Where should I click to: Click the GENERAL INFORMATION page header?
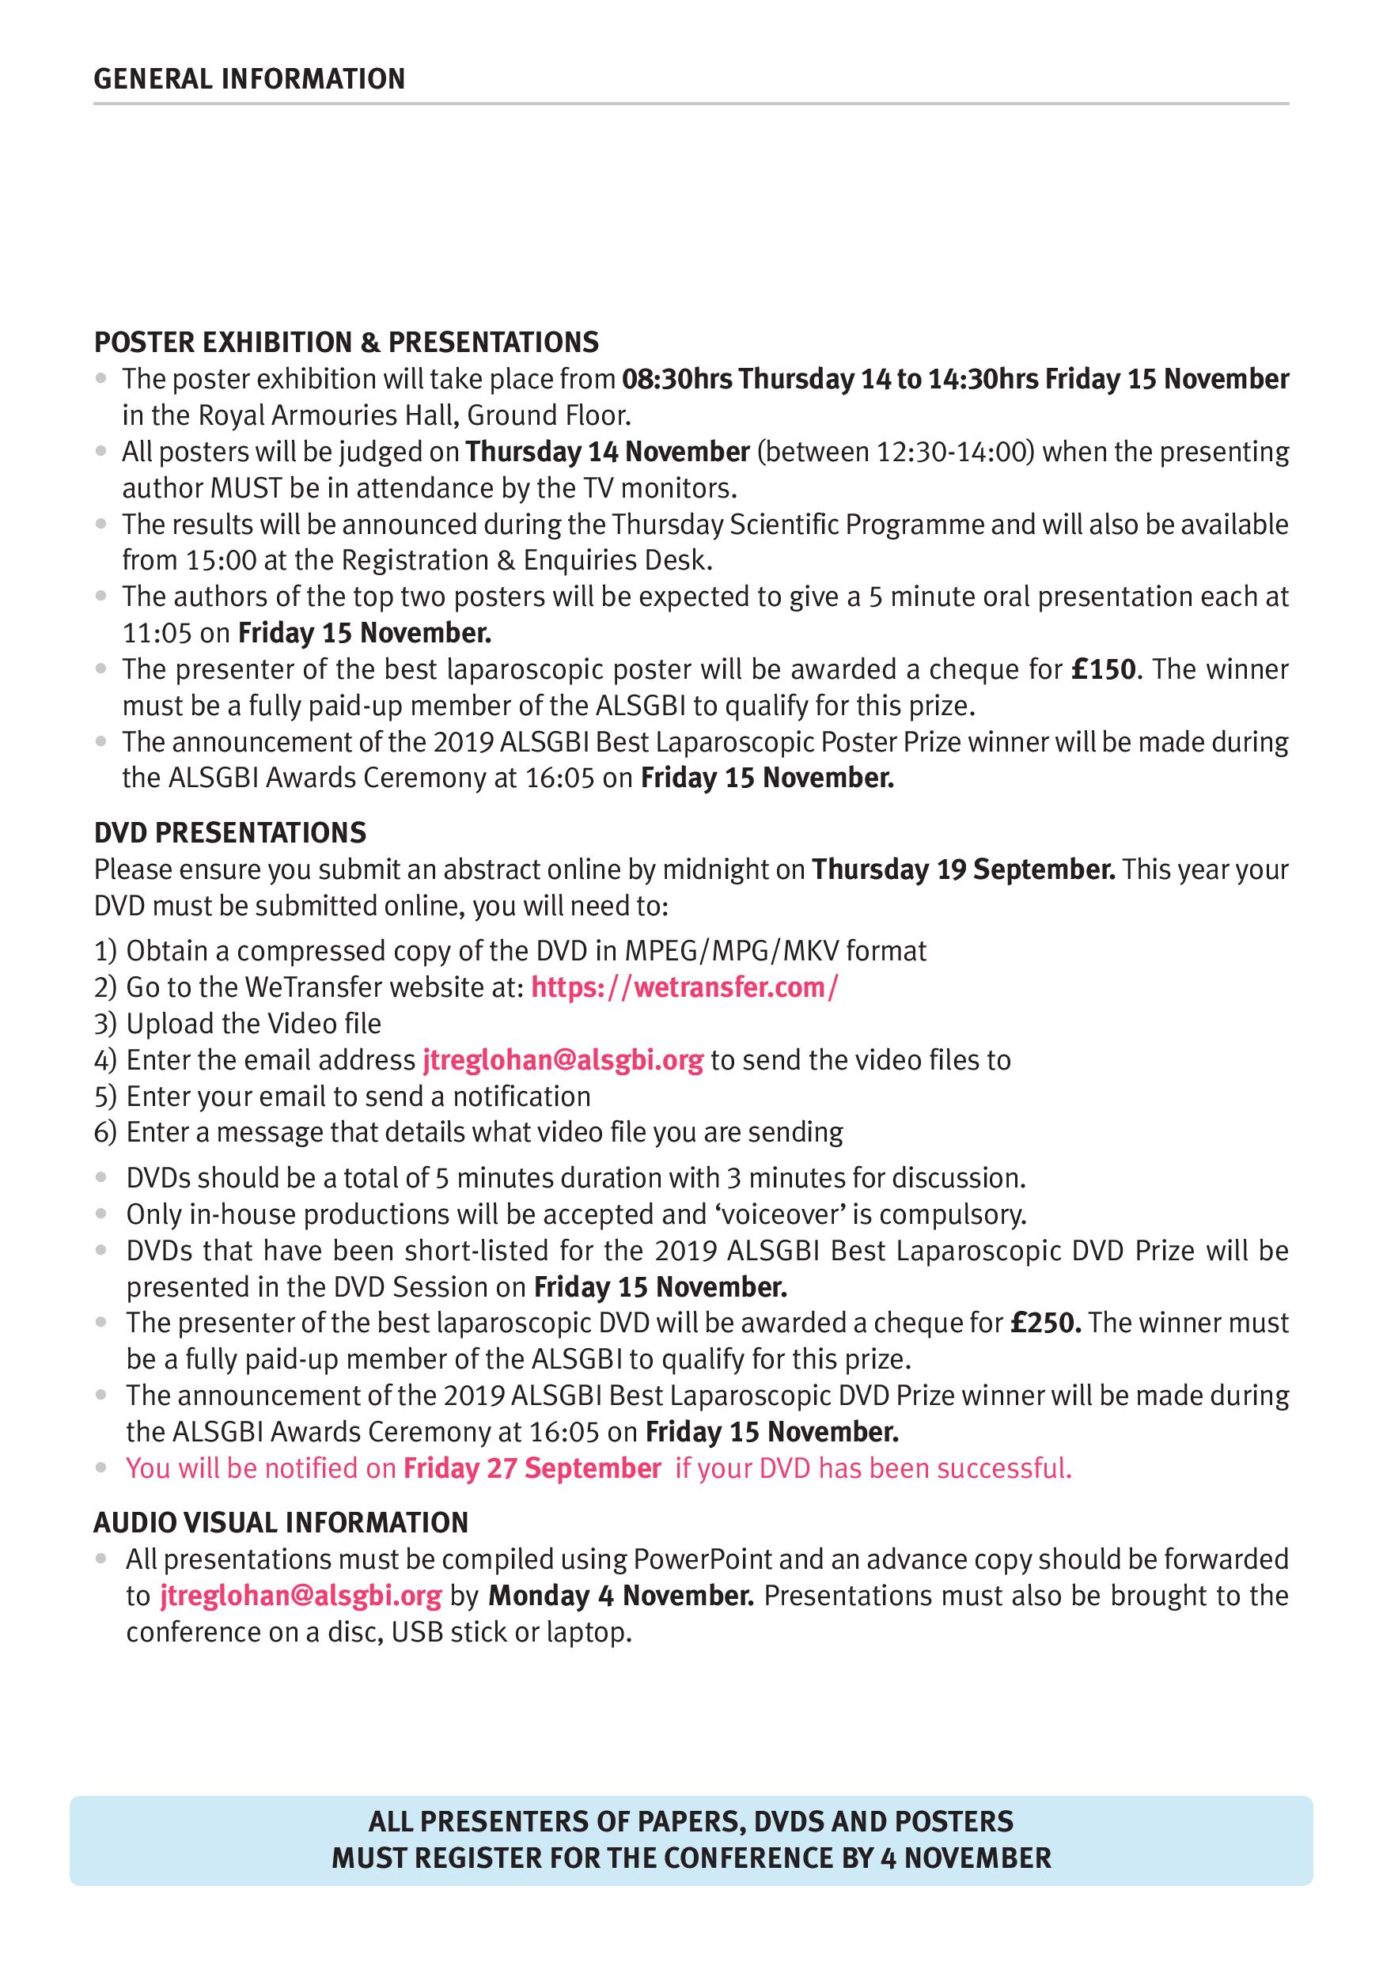pyautogui.click(x=248, y=79)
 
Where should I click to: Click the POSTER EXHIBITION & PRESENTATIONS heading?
pyautogui.click(x=347, y=342)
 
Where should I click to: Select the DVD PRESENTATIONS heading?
pyautogui.click(x=230, y=832)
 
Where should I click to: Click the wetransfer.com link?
pyautogui.click(x=684, y=987)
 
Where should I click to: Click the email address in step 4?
pyautogui.click(x=563, y=1059)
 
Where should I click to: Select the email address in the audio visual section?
pyautogui.click(x=300, y=1596)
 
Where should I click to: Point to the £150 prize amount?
pyautogui.click(x=1104, y=669)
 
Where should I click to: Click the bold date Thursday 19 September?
pyautogui.click(x=964, y=869)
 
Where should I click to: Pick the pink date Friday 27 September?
pyautogui.click(x=532, y=1468)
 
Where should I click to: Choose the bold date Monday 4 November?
pyautogui.click(x=621, y=1596)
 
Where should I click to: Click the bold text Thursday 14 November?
pyautogui.click(x=607, y=451)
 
